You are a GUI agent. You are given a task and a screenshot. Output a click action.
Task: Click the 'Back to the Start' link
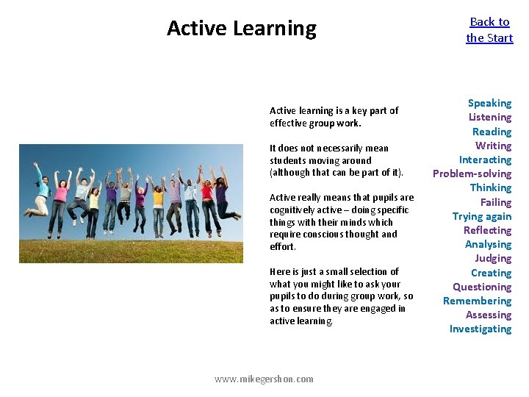pos(489,30)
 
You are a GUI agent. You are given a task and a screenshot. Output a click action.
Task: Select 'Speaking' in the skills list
pos(489,104)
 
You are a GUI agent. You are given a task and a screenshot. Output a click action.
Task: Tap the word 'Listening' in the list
pos(490,118)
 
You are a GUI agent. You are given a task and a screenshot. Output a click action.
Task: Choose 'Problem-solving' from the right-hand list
pos(472,174)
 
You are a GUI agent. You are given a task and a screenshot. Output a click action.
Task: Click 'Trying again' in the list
pos(481,216)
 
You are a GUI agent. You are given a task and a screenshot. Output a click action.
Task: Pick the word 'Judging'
pos(492,259)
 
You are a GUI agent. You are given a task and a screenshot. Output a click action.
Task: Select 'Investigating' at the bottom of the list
pos(480,329)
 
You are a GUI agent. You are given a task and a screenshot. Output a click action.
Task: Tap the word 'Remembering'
pos(477,301)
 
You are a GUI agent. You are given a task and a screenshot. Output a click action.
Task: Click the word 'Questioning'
pos(481,287)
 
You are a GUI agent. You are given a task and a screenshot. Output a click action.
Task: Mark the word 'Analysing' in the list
pos(488,245)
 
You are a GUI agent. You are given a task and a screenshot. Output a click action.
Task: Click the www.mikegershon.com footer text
pos(264,379)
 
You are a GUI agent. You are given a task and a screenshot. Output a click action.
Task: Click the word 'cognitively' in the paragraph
pos(295,210)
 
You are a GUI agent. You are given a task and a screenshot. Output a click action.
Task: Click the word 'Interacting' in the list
pos(485,160)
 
